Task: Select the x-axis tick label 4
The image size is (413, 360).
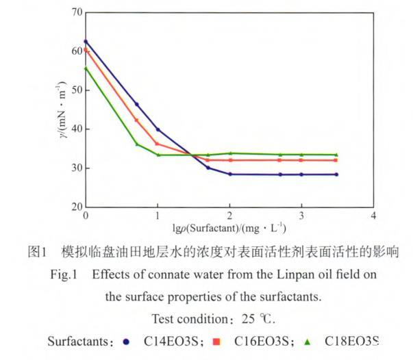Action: pyautogui.click(x=373, y=216)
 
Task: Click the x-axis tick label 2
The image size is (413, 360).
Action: pyautogui.click(x=229, y=216)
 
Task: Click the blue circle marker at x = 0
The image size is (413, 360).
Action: pyautogui.click(x=86, y=41)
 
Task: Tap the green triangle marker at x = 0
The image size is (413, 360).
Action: pyautogui.click(x=86, y=68)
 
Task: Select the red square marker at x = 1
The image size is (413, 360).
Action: pyautogui.click(x=158, y=144)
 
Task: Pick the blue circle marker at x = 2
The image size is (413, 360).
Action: pyautogui.click(x=229, y=174)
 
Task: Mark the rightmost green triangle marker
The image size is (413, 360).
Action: pyautogui.click(x=336, y=155)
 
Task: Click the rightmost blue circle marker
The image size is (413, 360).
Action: pyautogui.click(x=336, y=175)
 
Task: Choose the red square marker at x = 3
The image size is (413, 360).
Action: pyautogui.click(x=301, y=160)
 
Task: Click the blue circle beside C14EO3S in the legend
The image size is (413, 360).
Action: pyautogui.click(x=126, y=341)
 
